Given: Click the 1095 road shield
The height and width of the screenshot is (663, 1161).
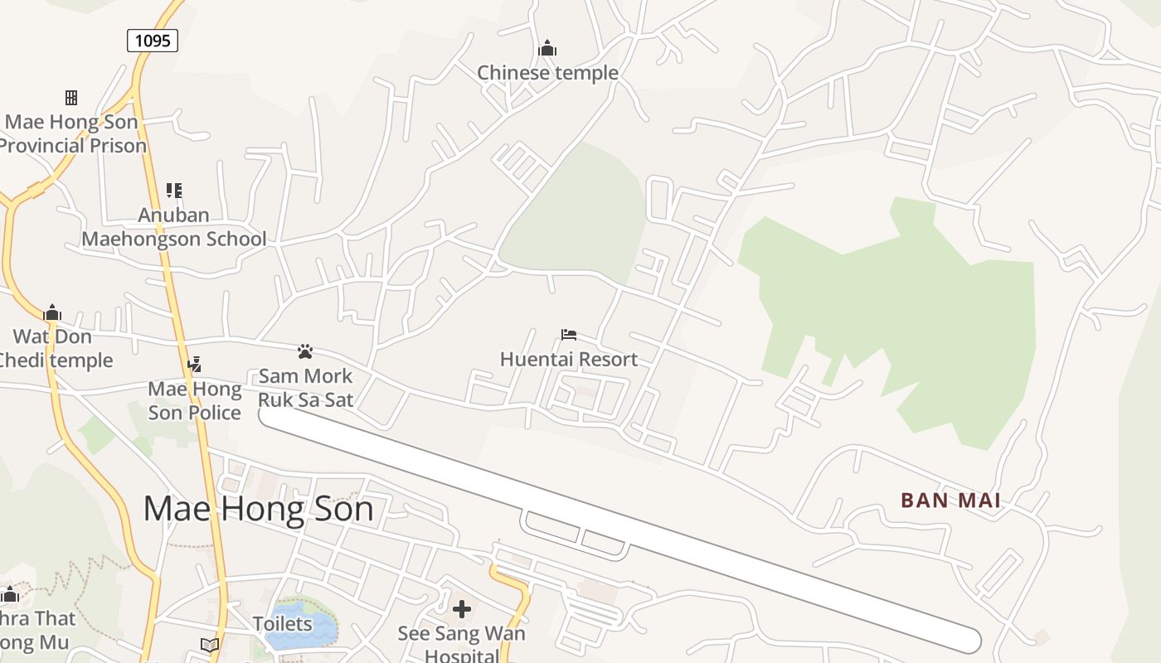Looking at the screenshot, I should [153, 40].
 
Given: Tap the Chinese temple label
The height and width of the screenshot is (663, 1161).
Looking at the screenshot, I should [547, 73].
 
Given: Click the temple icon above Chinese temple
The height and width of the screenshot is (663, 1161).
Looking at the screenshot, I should [547, 48].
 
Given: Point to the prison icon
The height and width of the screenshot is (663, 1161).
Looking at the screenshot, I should [71, 98].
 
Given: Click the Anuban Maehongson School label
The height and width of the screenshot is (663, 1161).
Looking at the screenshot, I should [174, 227].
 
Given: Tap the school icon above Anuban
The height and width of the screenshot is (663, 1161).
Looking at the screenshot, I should [174, 191].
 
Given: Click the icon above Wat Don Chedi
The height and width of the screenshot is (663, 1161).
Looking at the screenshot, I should [52, 312].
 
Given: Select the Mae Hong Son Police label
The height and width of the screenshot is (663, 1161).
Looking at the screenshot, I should [195, 400].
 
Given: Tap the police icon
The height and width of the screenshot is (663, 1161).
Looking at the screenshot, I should [195, 364].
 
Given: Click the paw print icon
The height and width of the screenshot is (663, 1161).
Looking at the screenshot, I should [305, 351].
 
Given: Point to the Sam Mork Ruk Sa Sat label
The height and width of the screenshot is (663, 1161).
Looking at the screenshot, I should [305, 388].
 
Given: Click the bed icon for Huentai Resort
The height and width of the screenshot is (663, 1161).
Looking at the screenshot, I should [569, 335].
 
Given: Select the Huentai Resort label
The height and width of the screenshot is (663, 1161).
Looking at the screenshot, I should [569, 359].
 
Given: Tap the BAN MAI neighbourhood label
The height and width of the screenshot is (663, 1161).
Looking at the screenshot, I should [950, 501].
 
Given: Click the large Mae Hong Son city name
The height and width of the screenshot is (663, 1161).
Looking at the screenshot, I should [258, 508].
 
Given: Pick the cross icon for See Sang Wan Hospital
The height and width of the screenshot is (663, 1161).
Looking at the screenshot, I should [462, 610].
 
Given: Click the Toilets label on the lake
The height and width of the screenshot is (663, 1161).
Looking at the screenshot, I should [283, 623].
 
